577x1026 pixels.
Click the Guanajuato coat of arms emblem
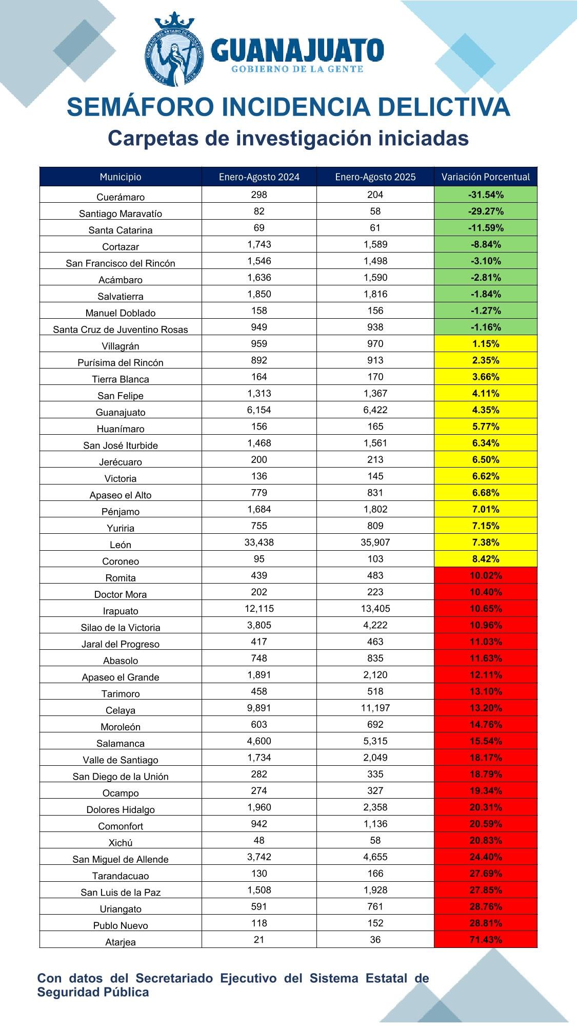click(174, 50)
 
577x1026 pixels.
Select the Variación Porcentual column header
click(485, 177)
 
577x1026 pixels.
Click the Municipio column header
click(121, 177)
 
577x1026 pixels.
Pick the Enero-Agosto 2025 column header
click(375, 177)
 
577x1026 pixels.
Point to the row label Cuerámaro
click(121, 197)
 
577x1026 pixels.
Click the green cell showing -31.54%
click(485, 195)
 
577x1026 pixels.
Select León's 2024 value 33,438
click(259, 543)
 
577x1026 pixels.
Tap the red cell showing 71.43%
click(485, 940)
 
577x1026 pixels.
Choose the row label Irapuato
click(121, 611)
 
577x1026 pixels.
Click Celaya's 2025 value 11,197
click(375, 708)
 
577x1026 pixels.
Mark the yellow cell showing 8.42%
click(485, 559)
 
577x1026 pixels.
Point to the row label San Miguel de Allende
click(121, 859)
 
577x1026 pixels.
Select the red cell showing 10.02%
click(485, 575)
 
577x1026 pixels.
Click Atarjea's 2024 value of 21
click(259, 940)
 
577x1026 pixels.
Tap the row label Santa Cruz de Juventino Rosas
click(121, 330)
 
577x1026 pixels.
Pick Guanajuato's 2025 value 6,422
click(375, 410)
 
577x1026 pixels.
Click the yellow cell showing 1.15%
click(485, 344)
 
